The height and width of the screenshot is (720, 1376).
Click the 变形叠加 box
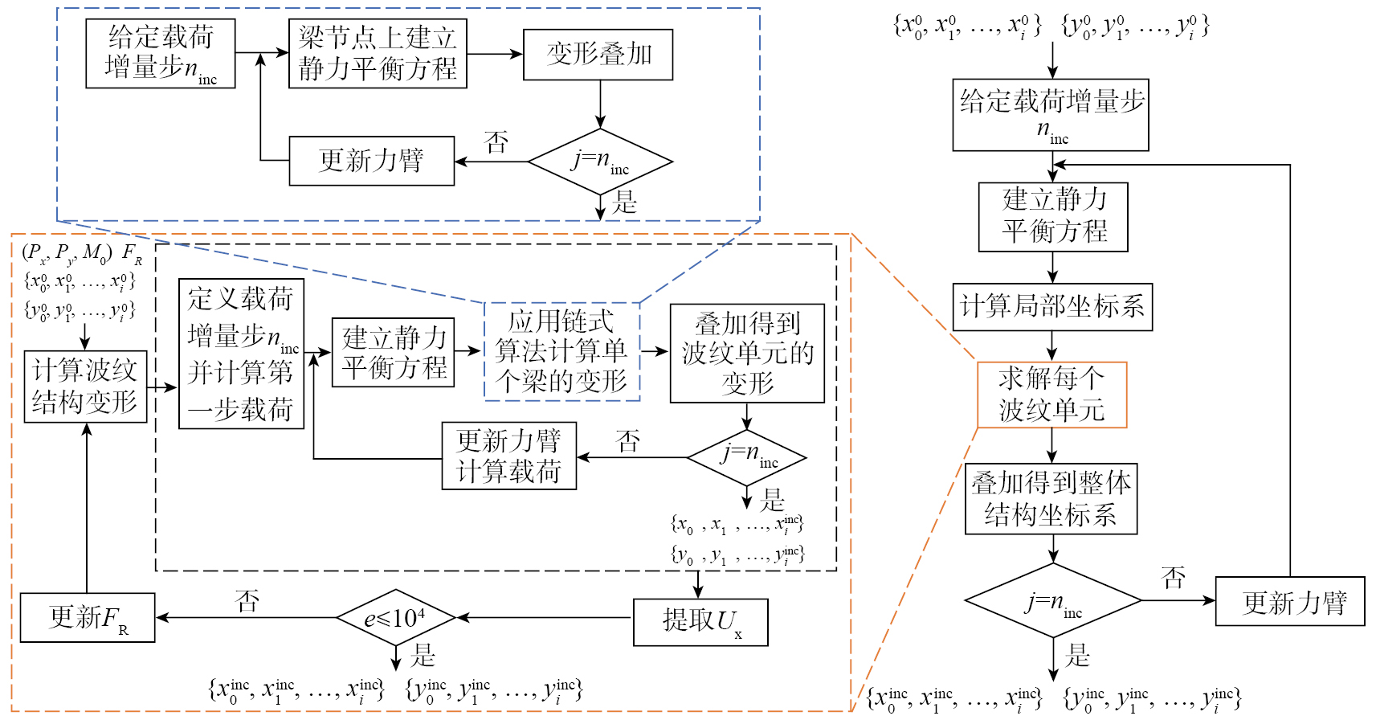[598, 55]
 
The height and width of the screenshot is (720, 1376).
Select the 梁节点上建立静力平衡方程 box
[378, 53]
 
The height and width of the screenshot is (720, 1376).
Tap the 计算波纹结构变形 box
[85, 387]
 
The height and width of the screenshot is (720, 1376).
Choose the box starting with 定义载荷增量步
[241, 354]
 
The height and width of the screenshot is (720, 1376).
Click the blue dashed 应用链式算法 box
[561, 351]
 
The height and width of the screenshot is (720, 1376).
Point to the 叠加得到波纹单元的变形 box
[747, 353]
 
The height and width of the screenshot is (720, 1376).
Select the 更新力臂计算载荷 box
[509, 456]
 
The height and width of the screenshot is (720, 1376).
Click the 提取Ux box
[700, 621]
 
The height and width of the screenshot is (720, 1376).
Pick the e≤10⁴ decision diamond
[396, 618]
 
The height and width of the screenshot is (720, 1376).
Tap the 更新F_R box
[88, 617]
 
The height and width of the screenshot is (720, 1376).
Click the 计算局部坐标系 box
[1052, 307]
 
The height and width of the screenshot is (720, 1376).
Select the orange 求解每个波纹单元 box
[1052, 395]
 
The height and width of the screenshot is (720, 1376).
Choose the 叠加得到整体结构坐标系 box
[1051, 499]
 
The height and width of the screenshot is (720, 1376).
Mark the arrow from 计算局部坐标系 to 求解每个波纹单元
[1052, 346]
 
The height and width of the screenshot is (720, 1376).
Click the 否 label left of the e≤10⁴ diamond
[247, 600]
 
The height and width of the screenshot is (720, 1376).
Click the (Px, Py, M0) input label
[67, 254]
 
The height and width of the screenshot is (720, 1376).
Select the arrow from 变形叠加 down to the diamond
[600, 104]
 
